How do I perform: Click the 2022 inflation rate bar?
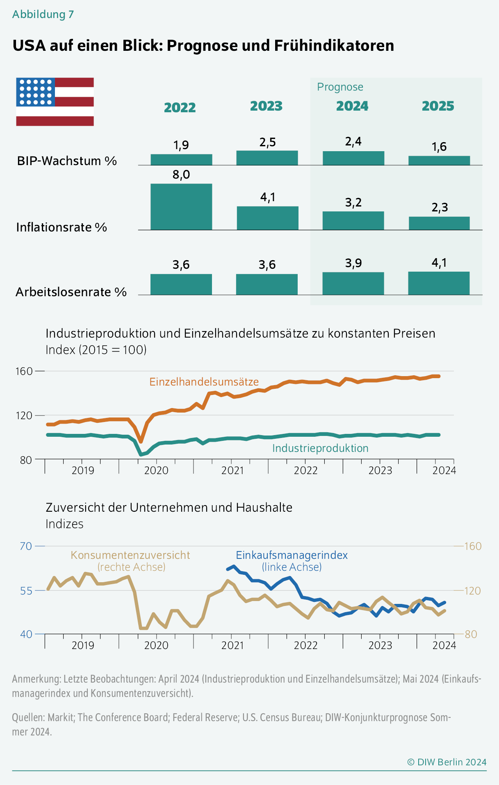click(181, 206)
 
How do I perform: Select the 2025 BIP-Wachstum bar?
click(439, 160)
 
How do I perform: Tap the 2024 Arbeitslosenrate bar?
click(353, 283)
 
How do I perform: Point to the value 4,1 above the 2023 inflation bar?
click(268, 197)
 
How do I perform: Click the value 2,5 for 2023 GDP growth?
click(268, 142)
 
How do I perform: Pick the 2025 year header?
click(438, 106)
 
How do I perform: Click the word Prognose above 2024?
click(340, 87)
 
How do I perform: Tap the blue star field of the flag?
click(36, 92)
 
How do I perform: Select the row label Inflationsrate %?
click(62, 227)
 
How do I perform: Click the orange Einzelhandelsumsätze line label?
click(204, 382)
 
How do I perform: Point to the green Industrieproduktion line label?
click(320, 448)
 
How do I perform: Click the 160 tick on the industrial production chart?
click(24, 371)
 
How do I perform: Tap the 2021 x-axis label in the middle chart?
click(232, 470)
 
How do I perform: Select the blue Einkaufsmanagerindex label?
click(292, 555)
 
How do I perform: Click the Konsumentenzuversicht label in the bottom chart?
click(130, 555)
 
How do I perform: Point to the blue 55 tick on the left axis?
click(26, 591)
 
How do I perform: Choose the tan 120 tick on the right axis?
click(473, 591)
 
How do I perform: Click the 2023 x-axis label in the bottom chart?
click(380, 645)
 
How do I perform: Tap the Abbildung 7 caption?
click(43, 14)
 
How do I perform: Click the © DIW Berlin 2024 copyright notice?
click(447, 762)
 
